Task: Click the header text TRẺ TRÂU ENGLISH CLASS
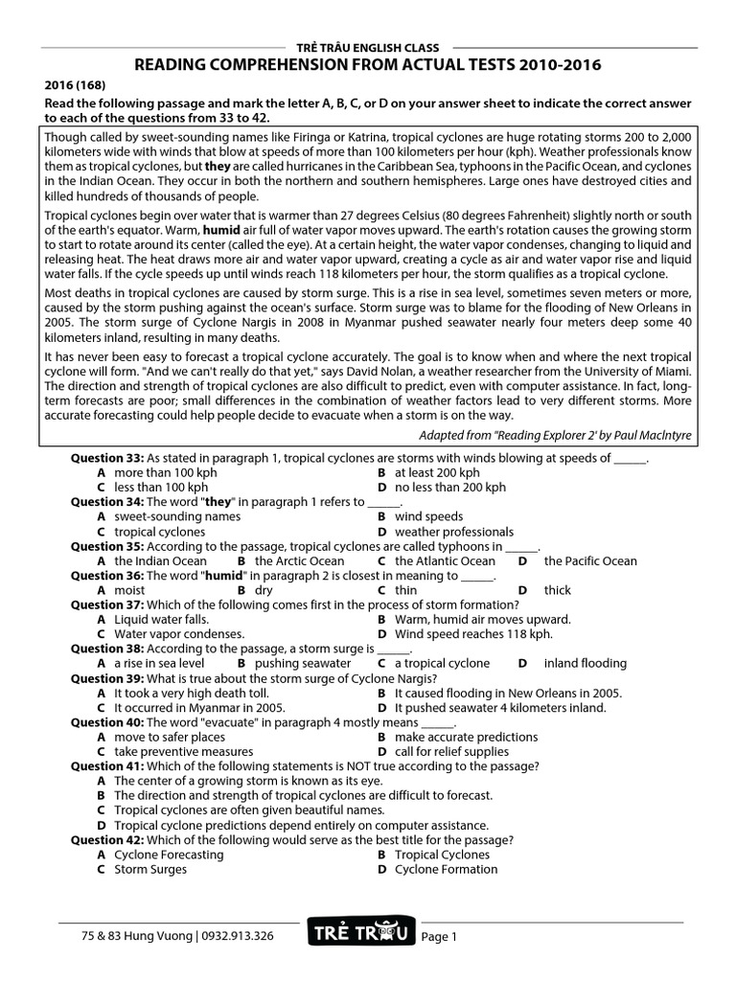[367, 47]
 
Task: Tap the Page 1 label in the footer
[440, 937]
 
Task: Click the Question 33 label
[107, 458]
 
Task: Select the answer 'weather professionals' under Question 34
[454, 532]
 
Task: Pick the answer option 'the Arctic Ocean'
[299, 561]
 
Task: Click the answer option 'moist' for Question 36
[129, 591]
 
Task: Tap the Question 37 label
[107, 605]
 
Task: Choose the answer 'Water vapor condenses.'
[179, 634]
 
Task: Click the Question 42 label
[107, 839]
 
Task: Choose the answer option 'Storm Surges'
[150, 870]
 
